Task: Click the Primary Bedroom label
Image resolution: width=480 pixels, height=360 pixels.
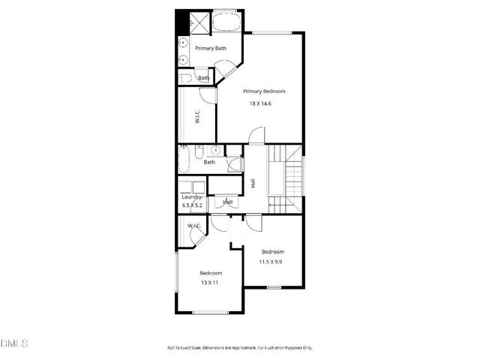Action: (264, 91)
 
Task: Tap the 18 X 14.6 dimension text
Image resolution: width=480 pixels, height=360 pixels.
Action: (260, 103)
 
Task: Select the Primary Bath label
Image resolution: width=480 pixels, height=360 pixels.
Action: (211, 49)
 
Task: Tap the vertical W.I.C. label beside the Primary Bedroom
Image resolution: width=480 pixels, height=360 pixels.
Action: (197, 117)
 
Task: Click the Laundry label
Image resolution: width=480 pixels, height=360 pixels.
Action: (192, 197)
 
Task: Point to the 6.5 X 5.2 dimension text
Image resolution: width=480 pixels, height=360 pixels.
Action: (192, 205)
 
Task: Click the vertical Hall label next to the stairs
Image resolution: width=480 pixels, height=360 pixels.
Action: (253, 182)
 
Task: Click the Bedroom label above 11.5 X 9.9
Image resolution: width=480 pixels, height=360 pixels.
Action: (272, 251)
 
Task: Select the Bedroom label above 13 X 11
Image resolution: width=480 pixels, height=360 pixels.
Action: (211, 273)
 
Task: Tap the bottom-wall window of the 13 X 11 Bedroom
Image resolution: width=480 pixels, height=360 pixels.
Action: (210, 312)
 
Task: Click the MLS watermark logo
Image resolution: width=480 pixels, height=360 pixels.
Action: (15, 343)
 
